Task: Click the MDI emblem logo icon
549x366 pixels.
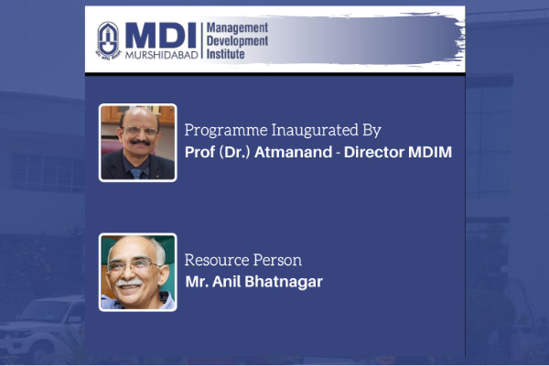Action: click(x=108, y=40)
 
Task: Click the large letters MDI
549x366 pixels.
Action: click(x=160, y=36)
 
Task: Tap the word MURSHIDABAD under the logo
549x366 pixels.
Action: click(x=161, y=55)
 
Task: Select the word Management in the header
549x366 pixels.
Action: click(x=237, y=28)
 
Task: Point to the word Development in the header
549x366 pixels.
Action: click(x=237, y=41)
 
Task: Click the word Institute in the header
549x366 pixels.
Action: click(x=225, y=54)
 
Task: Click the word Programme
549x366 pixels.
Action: click(x=226, y=131)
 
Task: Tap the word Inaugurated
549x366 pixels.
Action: click(x=315, y=131)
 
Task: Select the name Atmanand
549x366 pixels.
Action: click(x=294, y=153)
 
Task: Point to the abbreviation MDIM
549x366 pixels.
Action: click(x=430, y=153)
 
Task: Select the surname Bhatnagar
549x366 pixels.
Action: click(x=284, y=282)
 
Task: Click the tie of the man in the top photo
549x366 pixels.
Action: click(x=135, y=173)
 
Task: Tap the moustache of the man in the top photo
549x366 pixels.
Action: click(x=140, y=143)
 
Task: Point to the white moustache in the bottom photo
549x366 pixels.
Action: click(x=129, y=282)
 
